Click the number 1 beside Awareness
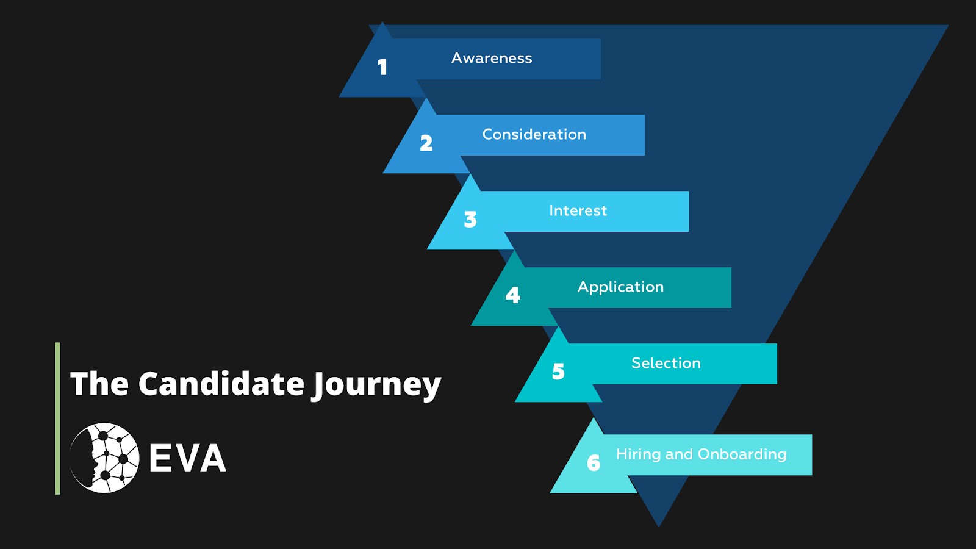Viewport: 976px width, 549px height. click(x=382, y=67)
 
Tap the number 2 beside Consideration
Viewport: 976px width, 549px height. click(x=426, y=143)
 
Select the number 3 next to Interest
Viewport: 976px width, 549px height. click(x=470, y=220)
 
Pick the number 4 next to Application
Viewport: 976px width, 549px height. click(x=513, y=295)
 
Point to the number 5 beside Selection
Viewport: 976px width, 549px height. click(x=558, y=371)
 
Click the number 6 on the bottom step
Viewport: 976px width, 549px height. click(x=594, y=463)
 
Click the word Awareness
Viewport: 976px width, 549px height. click(x=492, y=59)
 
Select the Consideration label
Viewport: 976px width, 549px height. click(x=534, y=135)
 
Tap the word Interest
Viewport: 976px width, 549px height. click(x=578, y=211)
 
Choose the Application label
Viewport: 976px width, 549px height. click(x=620, y=287)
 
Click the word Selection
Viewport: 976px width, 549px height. click(x=666, y=364)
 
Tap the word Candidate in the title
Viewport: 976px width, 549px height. click(x=221, y=384)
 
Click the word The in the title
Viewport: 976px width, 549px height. click(x=99, y=384)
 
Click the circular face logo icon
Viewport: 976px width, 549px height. click(x=104, y=458)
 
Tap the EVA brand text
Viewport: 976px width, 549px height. click(x=188, y=458)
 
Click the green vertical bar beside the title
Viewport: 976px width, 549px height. click(x=57, y=418)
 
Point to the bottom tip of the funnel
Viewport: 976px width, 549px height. click(x=659, y=527)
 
